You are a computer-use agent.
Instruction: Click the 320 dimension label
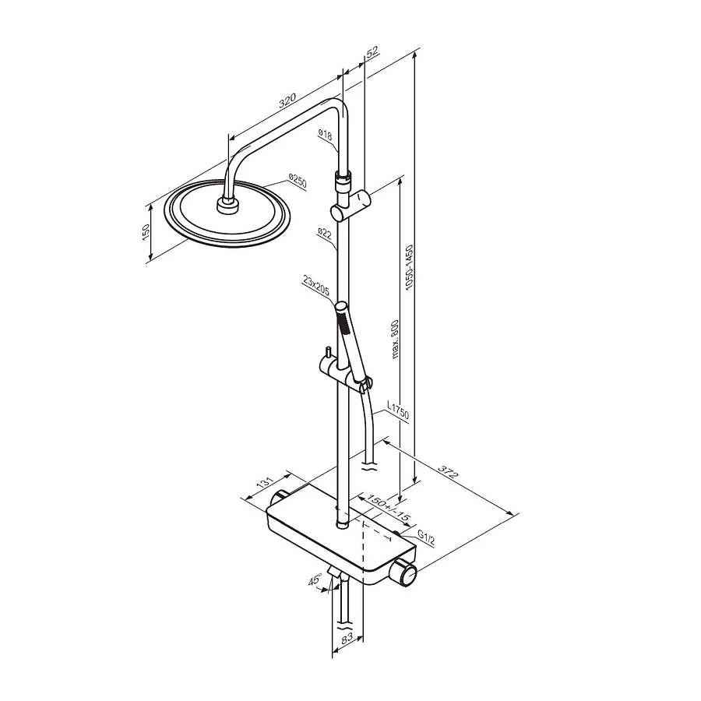(x=287, y=100)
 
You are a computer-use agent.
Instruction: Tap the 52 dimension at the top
(x=372, y=51)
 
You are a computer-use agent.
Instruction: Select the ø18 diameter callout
(x=325, y=134)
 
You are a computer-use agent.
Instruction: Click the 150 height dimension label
(x=146, y=232)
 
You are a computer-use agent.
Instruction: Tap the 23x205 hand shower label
(x=316, y=286)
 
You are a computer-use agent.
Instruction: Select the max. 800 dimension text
(x=394, y=339)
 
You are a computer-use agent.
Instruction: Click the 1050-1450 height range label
(x=409, y=267)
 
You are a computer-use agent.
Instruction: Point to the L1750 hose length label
(x=397, y=410)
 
